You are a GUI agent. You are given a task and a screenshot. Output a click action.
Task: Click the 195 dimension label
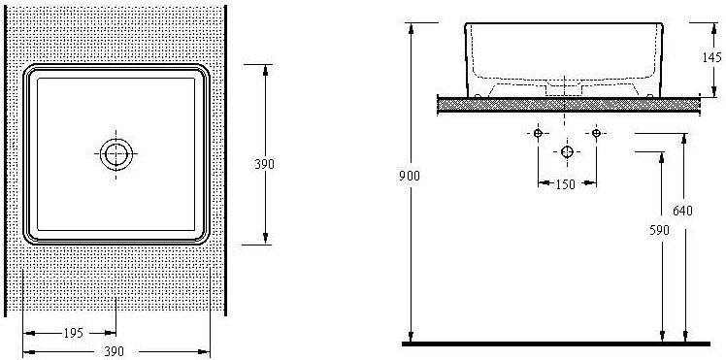click(73, 333)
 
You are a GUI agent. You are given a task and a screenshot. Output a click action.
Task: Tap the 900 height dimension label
click(410, 176)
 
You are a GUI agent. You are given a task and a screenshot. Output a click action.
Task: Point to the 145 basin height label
click(711, 57)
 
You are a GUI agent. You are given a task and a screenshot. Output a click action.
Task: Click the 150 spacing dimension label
click(565, 184)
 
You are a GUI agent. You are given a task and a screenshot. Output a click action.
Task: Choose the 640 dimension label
click(682, 211)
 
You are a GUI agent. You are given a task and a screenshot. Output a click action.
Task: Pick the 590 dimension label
click(659, 230)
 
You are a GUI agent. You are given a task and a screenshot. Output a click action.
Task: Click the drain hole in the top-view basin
click(115, 154)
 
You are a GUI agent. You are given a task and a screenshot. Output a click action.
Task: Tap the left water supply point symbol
click(538, 133)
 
